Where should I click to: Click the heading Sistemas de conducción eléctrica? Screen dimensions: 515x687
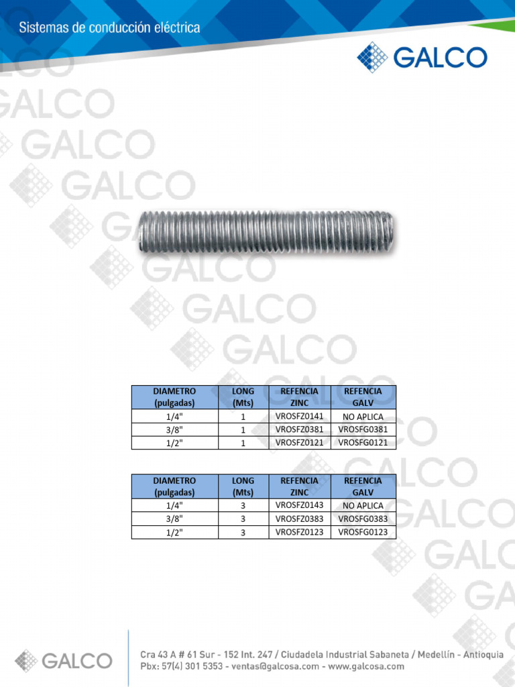tap(109, 28)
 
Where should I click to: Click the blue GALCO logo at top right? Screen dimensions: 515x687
tap(422, 57)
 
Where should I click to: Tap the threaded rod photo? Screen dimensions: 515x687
tap(266, 232)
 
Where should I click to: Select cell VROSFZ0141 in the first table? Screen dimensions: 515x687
tap(300, 416)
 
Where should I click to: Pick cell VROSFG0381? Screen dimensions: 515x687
tap(363, 429)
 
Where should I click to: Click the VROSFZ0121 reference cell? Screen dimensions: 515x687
tap(300, 443)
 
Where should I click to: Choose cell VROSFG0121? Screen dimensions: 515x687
tap(363, 443)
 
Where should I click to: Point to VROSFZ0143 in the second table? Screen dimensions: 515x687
tap(300, 505)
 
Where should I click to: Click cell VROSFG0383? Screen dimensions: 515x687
tap(363, 519)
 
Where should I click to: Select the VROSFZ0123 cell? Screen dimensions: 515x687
tap(300, 532)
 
